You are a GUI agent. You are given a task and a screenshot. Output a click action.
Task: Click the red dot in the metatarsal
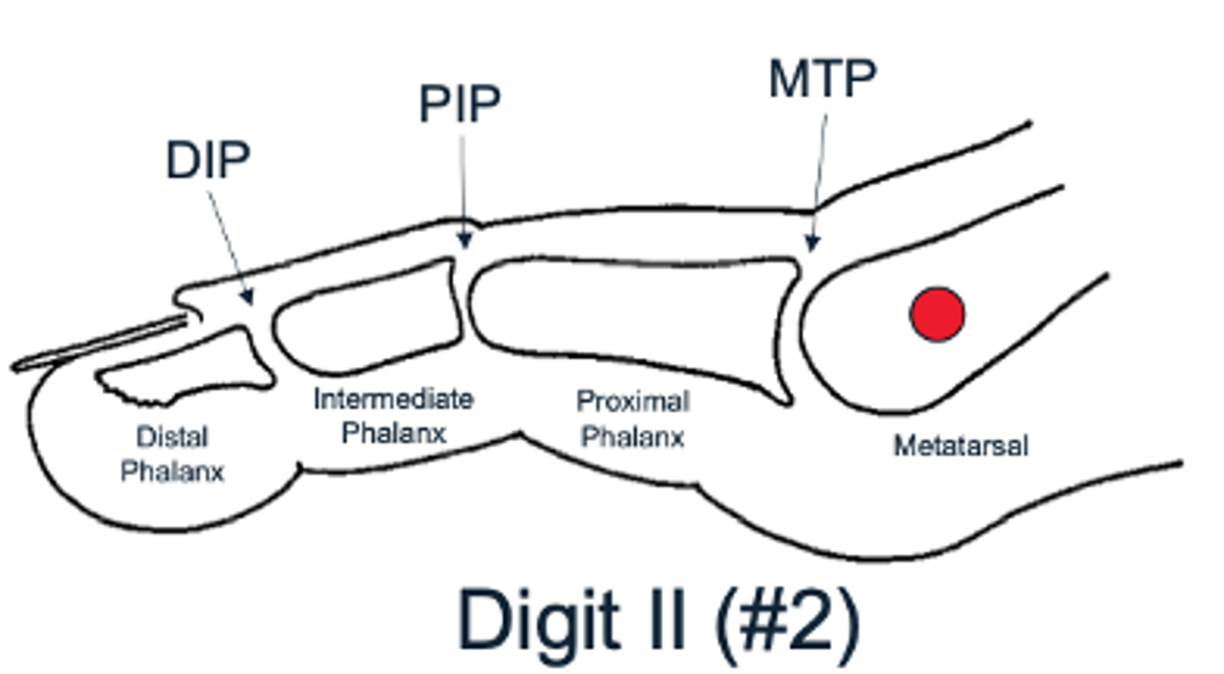click(x=937, y=314)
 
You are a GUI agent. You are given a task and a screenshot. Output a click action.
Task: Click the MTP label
click(x=822, y=80)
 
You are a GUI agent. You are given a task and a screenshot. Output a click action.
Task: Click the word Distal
click(x=173, y=438)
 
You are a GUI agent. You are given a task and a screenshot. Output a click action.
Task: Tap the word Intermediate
click(x=393, y=399)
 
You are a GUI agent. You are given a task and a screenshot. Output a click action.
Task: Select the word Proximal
click(x=633, y=401)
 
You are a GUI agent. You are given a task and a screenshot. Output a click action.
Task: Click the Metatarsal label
click(x=960, y=445)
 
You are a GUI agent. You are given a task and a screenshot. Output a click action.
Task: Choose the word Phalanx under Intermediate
click(x=393, y=433)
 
